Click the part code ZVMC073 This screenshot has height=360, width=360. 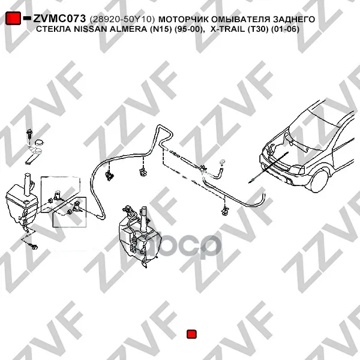click(59, 19)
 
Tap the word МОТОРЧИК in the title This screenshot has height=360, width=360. click(184, 20)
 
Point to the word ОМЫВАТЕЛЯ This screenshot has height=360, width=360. click(241, 20)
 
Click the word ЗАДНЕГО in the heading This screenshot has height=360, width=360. click(294, 20)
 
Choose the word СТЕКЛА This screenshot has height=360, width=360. click(54, 29)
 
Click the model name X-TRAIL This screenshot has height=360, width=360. click(227, 29)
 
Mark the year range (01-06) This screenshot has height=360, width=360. click(285, 29)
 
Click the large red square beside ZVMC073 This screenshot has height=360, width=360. click(13, 18)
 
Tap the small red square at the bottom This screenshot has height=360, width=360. click(191, 334)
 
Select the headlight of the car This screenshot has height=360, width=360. click(297, 170)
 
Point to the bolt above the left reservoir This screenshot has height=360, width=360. click(29, 134)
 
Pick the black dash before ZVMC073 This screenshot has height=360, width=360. click(27, 17)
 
